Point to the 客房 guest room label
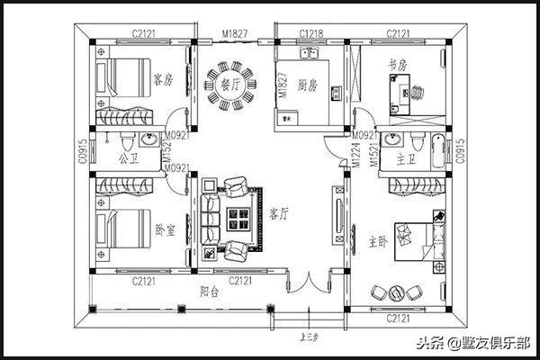(x=163, y=78)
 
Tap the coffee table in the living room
(x=239, y=217)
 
